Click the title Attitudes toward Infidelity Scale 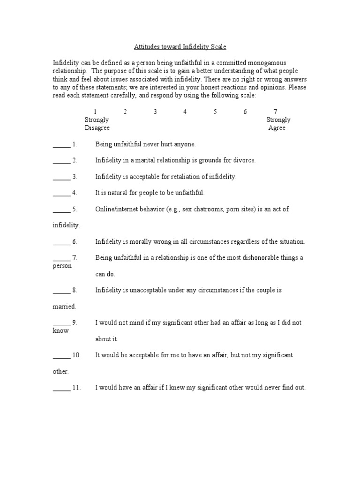pos(180,47)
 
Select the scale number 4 pos(185,112)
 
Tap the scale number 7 pos(275,112)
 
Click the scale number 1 pos(95,112)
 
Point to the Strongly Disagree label pos(97,124)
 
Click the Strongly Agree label pos(278,124)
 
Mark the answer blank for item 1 pos(61,144)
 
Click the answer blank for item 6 pos(61,242)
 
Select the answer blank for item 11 pos(61,388)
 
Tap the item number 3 pos(75,177)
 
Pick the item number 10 pos(76,355)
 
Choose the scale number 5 pos(215,112)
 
